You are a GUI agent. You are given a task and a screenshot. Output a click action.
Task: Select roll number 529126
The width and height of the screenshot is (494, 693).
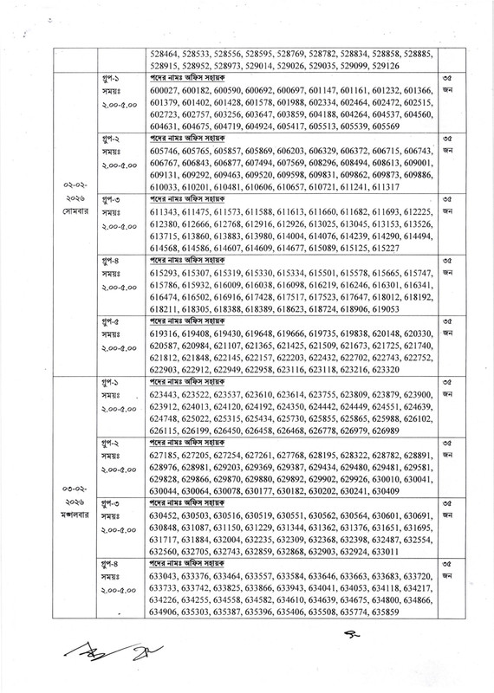click(x=382, y=65)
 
